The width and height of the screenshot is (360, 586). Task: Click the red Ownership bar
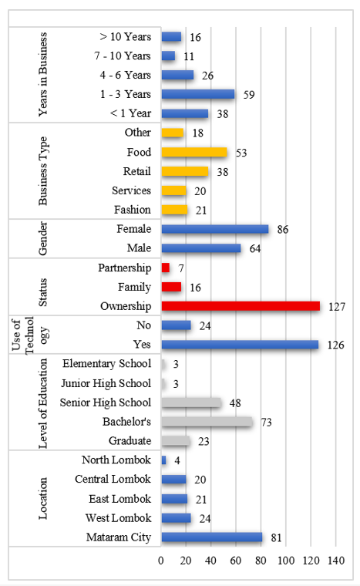click(x=241, y=306)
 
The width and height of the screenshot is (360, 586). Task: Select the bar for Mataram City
click(x=212, y=537)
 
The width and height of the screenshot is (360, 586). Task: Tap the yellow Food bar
click(x=194, y=152)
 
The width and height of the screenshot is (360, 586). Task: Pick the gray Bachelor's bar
click(x=207, y=422)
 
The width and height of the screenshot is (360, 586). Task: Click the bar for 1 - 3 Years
click(x=198, y=94)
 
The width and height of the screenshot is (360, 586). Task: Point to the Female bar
click(x=215, y=229)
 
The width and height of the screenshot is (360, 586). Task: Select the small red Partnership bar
click(x=166, y=268)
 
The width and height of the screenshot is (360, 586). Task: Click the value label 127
click(x=337, y=307)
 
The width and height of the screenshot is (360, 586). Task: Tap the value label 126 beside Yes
click(x=335, y=345)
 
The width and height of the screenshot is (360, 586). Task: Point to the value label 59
click(x=249, y=95)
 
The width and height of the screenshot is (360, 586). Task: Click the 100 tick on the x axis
click(x=286, y=561)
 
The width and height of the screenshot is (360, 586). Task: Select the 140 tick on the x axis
click(x=336, y=561)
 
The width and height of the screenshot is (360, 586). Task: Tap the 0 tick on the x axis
click(x=161, y=561)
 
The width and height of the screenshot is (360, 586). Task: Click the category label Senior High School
click(x=106, y=402)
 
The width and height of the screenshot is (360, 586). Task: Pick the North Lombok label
click(x=116, y=460)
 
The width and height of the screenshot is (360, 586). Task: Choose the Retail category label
click(x=137, y=171)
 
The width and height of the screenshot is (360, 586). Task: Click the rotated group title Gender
click(x=42, y=238)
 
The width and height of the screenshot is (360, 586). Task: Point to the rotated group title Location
click(x=42, y=498)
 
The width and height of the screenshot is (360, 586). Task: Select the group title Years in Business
click(x=42, y=74)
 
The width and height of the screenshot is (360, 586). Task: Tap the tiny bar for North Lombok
click(x=163, y=460)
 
